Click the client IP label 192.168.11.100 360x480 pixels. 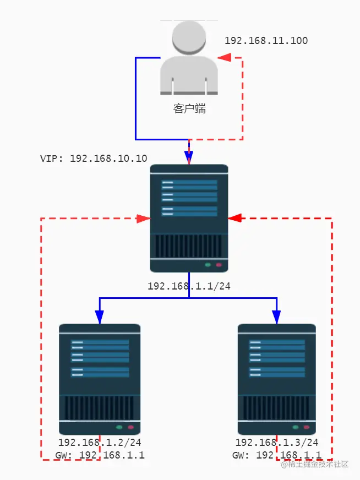tap(266, 41)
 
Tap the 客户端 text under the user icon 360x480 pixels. tap(189, 108)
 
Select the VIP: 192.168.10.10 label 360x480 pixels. tap(94, 158)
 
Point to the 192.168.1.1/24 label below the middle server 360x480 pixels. tap(189, 286)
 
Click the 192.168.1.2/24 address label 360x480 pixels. tap(100, 442)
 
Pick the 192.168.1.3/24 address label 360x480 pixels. tap(276, 442)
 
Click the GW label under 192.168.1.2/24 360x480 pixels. tap(100, 455)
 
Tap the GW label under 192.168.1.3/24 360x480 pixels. tap(276, 455)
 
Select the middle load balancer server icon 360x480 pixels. tap(189, 218)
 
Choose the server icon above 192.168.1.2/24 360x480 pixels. tap(100, 379)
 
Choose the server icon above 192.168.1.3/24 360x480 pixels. tap(276, 379)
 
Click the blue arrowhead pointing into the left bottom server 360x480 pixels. tap(100, 317)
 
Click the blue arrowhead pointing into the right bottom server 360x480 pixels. tap(276, 317)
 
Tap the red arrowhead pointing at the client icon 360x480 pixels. tap(223, 57)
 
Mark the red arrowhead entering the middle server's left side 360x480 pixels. tap(144, 219)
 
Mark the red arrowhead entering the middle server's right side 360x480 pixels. tap(235, 219)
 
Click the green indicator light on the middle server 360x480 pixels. tap(208, 265)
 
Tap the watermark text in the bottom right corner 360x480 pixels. tap(314, 464)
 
